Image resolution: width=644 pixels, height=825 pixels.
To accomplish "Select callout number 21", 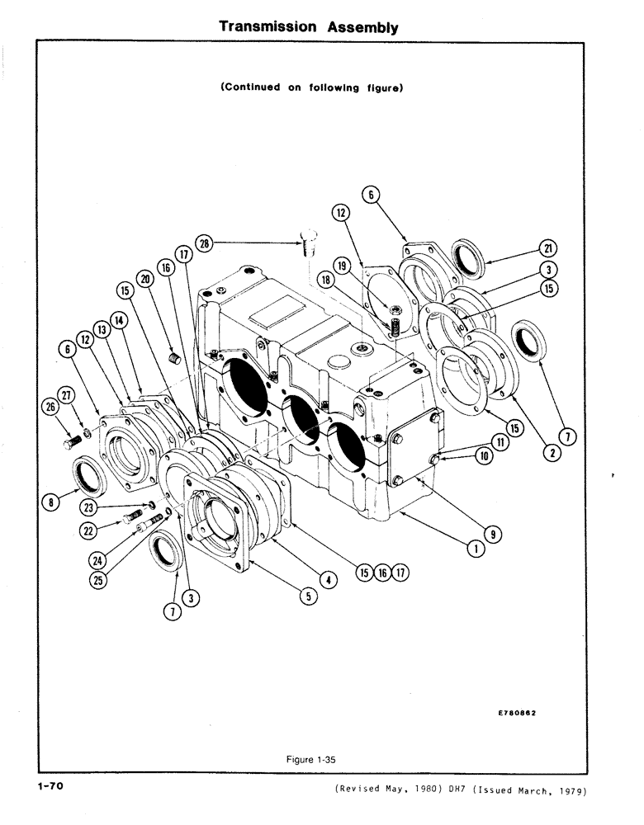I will coord(546,248).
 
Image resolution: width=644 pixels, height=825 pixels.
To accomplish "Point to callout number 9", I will coord(514,535).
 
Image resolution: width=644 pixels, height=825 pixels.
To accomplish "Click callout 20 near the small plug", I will coord(145,280).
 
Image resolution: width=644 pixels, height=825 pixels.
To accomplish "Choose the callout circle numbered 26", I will coord(51,406).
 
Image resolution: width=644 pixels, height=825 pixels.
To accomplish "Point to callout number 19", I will coord(341,266).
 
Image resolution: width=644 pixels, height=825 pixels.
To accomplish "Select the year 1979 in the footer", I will coord(570,792).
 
